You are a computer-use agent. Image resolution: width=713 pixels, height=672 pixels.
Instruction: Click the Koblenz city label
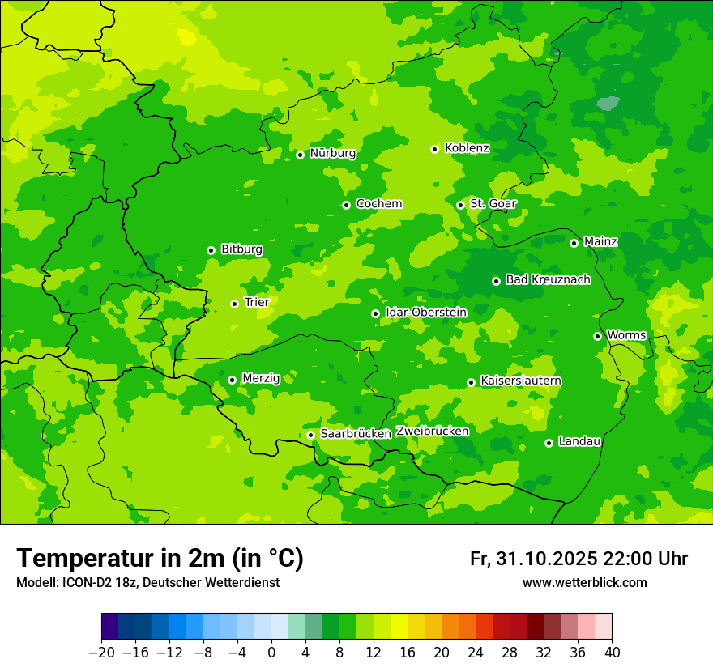[467, 148]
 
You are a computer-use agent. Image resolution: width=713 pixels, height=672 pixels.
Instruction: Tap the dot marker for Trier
[234, 304]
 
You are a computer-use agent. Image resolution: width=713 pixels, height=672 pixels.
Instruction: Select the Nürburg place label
[332, 153]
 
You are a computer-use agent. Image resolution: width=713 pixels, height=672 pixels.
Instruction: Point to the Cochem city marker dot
[346, 205]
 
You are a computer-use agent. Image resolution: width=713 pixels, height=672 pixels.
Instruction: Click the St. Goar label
[493, 204]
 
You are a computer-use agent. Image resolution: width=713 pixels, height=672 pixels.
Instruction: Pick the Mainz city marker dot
[574, 243]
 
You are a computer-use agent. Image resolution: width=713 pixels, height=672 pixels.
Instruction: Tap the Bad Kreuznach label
[548, 280]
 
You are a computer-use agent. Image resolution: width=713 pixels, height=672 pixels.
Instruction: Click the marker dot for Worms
[597, 336]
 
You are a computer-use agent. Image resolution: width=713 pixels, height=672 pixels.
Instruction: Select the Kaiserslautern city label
[521, 381]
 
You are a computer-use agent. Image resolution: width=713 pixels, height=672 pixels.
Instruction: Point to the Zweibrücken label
[432, 432]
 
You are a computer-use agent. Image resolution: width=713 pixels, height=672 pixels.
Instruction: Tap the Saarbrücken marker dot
[310, 435]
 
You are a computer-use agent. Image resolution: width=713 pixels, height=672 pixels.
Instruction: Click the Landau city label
[579, 442]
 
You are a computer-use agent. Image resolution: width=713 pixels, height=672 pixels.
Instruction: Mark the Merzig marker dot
[232, 380]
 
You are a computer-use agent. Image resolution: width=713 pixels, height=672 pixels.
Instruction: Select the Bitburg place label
[241, 249]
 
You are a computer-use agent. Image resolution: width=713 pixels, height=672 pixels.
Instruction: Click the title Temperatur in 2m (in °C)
[160, 559]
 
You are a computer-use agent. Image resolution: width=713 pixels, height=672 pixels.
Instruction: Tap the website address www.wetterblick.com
[584, 583]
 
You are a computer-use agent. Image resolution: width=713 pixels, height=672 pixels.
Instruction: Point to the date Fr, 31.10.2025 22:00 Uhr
[579, 559]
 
